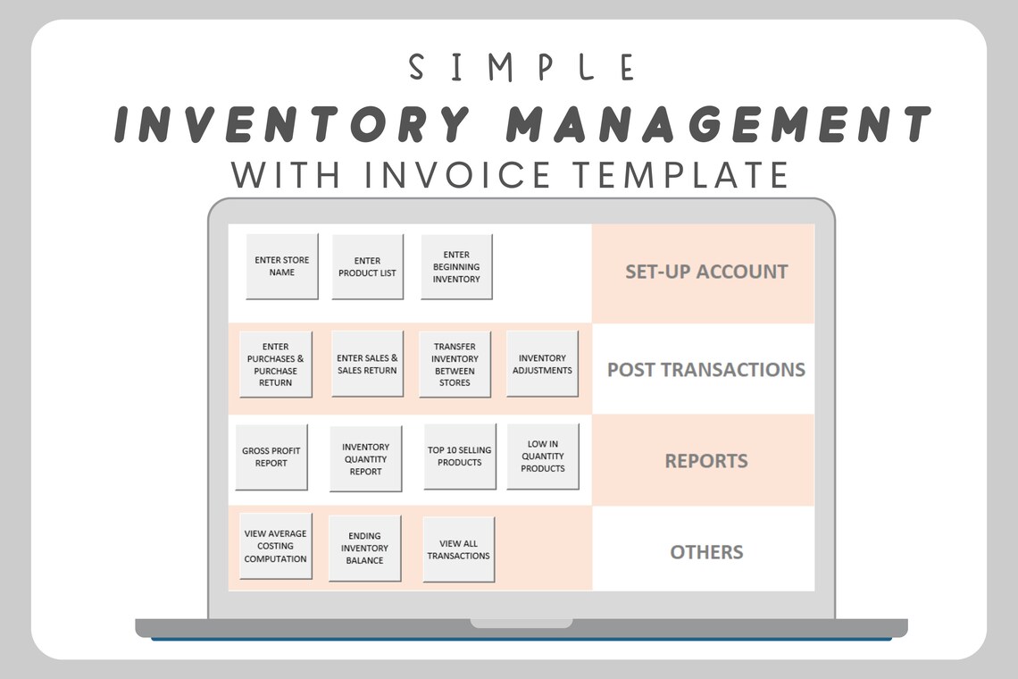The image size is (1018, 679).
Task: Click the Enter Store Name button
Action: (x=281, y=266)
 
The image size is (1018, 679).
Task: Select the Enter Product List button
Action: (x=367, y=266)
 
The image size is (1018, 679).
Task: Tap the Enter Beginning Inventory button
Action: (x=456, y=266)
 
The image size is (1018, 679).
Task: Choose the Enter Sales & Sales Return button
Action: (x=367, y=364)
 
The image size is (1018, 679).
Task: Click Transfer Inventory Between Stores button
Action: (x=455, y=364)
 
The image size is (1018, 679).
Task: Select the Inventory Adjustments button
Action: (x=542, y=364)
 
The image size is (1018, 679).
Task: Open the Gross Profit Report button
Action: (x=271, y=457)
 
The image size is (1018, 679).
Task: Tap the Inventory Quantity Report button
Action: (x=365, y=458)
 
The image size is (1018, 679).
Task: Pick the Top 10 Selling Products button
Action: (x=460, y=456)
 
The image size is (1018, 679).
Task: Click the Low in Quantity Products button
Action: (x=543, y=456)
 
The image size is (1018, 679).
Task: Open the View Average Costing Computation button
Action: (x=275, y=546)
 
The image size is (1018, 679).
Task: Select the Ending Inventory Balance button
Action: (x=364, y=548)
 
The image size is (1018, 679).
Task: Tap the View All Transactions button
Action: (x=458, y=549)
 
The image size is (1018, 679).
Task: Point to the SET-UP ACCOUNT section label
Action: (x=705, y=272)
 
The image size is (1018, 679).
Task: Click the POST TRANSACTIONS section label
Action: (x=705, y=369)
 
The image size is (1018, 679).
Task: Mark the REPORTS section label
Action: (x=705, y=461)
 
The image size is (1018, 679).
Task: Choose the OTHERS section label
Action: (x=705, y=551)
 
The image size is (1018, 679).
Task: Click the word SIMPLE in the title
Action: (x=522, y=68)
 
